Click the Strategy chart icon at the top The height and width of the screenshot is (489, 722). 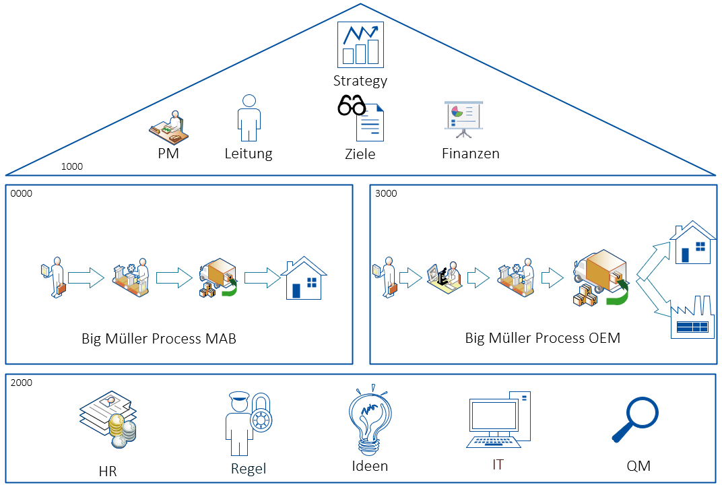point(360,44)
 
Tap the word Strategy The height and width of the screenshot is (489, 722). point(360,81)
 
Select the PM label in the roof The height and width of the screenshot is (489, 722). point(168,154)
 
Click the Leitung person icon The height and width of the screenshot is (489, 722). point(249,117)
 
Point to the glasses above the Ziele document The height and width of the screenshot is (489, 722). point(351,106)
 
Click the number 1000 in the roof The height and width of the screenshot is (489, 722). point(72,166)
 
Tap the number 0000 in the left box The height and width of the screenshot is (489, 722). point(22,193)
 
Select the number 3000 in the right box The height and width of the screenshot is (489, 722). point(387,193)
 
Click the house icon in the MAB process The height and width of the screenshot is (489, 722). point(304,277)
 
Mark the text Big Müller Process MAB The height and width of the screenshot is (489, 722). point(159,338)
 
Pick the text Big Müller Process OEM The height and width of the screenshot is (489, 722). point(542,338)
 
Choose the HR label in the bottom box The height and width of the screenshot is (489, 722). point(108,471)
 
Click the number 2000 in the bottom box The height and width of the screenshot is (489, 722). point(22,383)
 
